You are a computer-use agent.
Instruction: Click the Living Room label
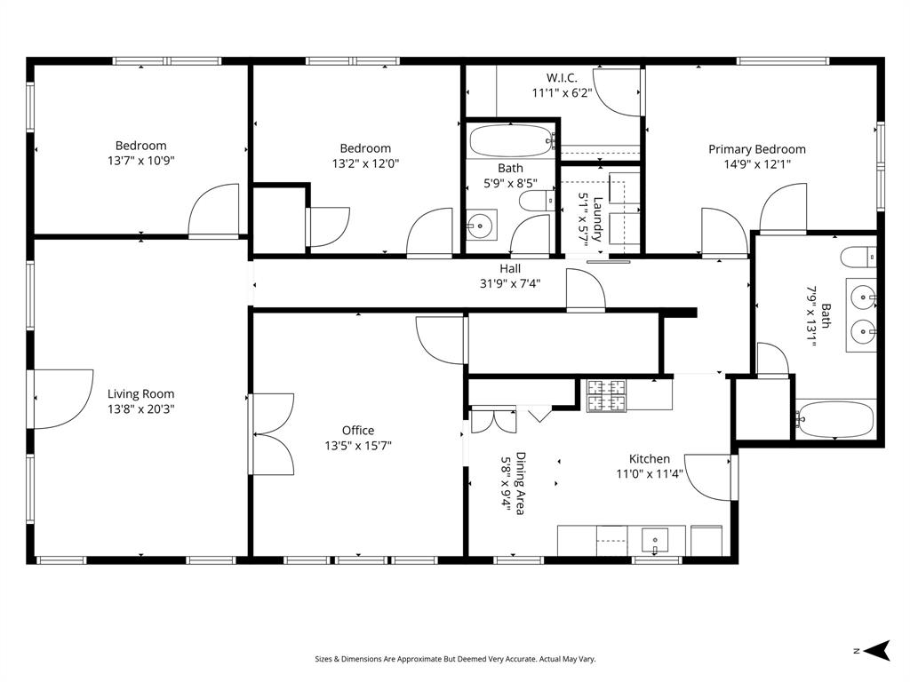(140, 394)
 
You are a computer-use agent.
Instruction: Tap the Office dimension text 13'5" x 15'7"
(358, 446)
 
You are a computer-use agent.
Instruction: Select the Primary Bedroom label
(756, 149)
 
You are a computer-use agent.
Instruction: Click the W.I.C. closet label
(562, 77)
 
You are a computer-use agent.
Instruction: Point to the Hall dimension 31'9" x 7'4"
(510, 284)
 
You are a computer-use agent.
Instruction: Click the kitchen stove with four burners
(607, 395)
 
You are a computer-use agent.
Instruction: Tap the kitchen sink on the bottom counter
(656, 538)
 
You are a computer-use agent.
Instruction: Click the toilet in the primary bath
(858, 258)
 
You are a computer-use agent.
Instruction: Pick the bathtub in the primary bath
(836, 418)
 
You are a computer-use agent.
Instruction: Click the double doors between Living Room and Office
(274, 433)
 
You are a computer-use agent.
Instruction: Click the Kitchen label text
(650, 459)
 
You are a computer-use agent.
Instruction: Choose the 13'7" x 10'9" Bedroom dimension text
(140, 162)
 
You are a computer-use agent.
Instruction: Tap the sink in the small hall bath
(481, 226)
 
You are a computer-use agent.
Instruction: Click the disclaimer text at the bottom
(455, 659)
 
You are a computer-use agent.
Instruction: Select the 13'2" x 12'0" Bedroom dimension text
(365, 164)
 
